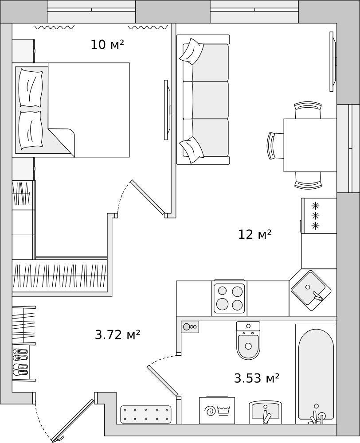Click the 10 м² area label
pos(107,45)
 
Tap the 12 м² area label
pos(255,234)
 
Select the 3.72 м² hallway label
pos(117,335)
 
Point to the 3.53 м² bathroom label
pos(257,378)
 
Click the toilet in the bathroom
pos(248,340)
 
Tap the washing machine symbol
pos(217,410)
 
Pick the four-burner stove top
pos(229,298)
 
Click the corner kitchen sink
pos(311,291)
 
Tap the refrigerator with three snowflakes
pos(319,216)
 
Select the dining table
pos(310,145)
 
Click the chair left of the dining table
pos(275,146)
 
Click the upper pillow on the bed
pos(31,88)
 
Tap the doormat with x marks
pos(146,415)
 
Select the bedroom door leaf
pos(147,197)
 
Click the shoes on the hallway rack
pos(21,362)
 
